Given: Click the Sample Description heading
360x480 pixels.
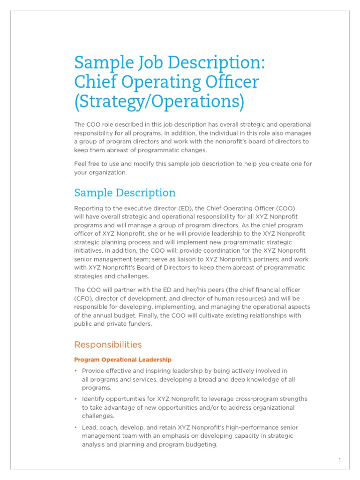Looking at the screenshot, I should (x=125, y=193).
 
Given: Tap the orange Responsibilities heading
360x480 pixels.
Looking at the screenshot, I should (x=108, y=345).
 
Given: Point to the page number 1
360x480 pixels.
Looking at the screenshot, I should (x=340, y=460).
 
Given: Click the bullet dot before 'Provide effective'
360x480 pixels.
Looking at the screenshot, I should (x=76, y=371).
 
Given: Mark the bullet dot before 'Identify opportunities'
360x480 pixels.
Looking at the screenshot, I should (x=76, y=399).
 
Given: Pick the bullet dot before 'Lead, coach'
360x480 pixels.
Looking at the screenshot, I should (x=76, y=427).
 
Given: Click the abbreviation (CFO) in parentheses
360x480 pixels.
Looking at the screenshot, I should (x=83, y=298).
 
